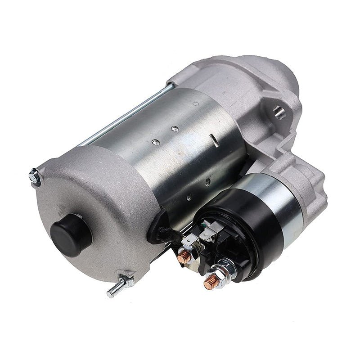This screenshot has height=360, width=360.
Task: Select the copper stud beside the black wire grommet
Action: pyautogui.click(x=184, y=257)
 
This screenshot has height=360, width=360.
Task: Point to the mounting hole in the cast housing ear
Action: pyautogui.click(x=279, y=111)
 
